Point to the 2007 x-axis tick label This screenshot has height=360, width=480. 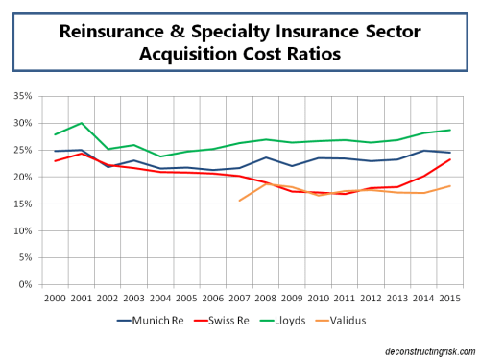pyautogui.click(x=241, y=299)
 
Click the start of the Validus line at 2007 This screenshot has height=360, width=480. pyautogui.click(x=238, y=201)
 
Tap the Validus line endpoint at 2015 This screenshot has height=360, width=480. pyautogui.click(x=450, y=186)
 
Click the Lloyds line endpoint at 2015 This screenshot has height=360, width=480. pyautogui.click(x=450, y=130)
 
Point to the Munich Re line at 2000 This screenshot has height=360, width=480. pyautogui.click(x=56, y=151)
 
